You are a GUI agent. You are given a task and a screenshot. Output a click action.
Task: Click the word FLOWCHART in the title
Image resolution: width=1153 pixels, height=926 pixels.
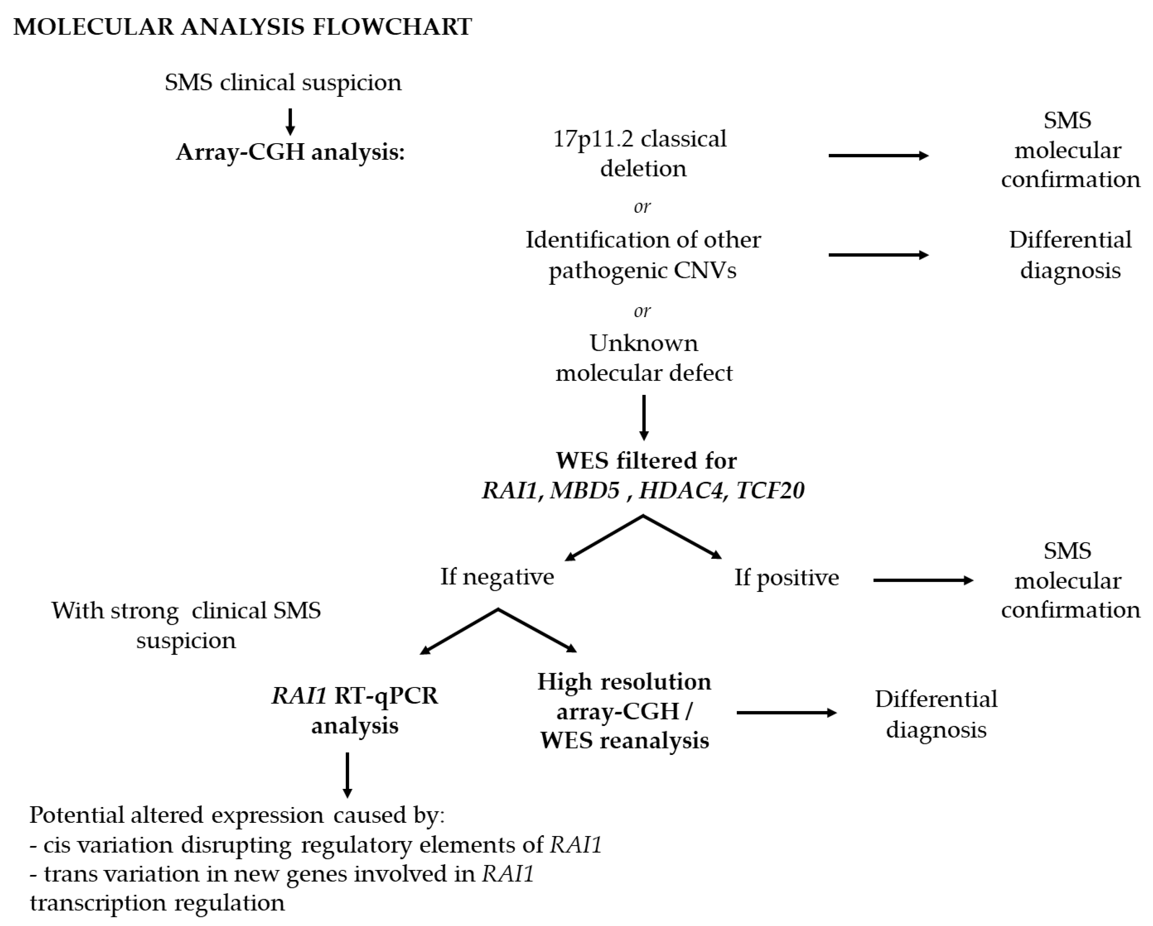click(391, 27)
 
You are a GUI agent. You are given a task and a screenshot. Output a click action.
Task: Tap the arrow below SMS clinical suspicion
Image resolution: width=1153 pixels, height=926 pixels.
click(290, 122)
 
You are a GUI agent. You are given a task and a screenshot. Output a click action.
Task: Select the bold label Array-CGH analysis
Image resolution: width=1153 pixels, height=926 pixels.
click(290, 152)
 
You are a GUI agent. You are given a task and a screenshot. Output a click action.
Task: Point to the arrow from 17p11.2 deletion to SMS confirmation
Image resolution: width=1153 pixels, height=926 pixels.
click(878, 156)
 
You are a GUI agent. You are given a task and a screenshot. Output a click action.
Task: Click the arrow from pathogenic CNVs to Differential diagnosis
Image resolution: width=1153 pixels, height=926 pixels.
click(878, 255)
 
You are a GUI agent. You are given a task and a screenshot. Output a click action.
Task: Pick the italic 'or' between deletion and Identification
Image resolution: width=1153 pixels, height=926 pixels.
click(642, 206)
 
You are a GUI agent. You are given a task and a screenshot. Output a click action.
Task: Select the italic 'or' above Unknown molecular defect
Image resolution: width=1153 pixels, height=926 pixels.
click(642, 311)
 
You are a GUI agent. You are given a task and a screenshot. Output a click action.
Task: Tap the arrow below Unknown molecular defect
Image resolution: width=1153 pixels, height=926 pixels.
click(644, 417)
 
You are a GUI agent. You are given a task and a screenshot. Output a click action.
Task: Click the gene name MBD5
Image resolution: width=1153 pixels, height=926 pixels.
click(584, 490)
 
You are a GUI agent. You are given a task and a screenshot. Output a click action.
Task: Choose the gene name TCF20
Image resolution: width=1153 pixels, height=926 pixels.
click(770, 490)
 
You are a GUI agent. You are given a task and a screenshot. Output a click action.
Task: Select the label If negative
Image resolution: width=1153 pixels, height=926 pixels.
click(497, 577)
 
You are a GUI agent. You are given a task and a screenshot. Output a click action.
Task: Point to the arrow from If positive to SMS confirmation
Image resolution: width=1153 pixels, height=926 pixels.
click(923, 580)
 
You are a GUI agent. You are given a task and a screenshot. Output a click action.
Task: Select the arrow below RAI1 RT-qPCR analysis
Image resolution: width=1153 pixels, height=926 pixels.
click(348, 775)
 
